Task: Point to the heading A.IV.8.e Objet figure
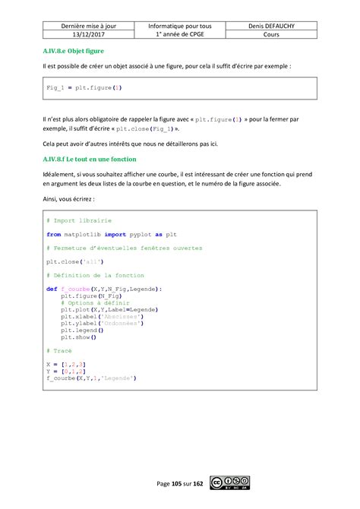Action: click(x=74, y=52)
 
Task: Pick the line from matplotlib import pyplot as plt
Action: click(x=112, y=235)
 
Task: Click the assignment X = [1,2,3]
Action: click(x=65, y=365)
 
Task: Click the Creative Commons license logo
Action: click(x=231, y=483)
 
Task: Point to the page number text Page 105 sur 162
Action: click(x=180, y=484)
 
